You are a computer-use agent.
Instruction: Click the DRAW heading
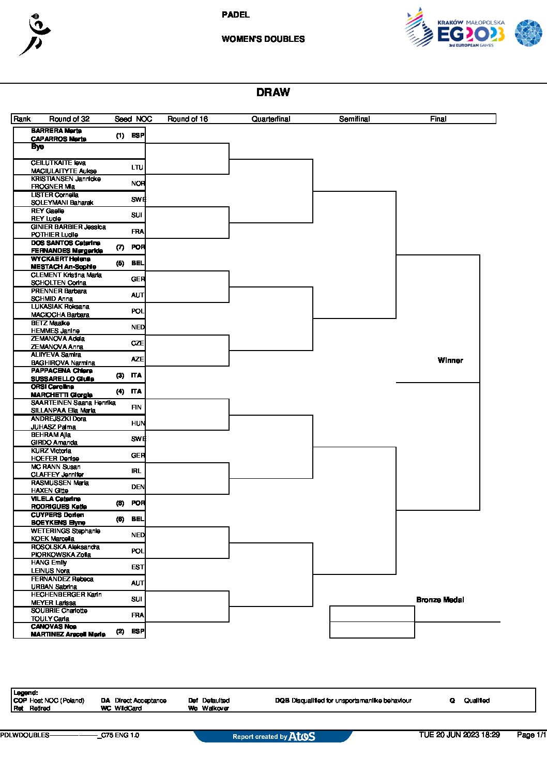[273, 93]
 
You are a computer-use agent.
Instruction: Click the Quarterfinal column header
[271, 119]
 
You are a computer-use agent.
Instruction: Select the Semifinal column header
[354, 119]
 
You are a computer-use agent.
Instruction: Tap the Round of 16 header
[188, 119]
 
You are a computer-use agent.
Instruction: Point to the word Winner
[450, 360]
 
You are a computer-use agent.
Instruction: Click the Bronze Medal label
[440, 600]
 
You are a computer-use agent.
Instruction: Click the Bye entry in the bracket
[37, 147]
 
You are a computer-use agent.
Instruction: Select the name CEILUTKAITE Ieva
[58, 163]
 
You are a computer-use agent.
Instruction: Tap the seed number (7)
[120, 247]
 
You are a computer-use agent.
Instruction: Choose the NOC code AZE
[138, 359]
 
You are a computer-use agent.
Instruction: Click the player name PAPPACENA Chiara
[62, 371]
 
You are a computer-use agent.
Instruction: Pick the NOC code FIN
[136, 407]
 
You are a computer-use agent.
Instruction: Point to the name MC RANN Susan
[56, 467]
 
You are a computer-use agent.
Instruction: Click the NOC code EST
[138, 567]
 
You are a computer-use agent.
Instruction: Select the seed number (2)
[120, 631]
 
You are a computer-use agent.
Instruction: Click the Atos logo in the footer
[302, 736]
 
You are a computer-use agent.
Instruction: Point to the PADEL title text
[236, 15]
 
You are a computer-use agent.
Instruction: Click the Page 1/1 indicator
[531, 735]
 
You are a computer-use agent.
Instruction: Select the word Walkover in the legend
[216, 708]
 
